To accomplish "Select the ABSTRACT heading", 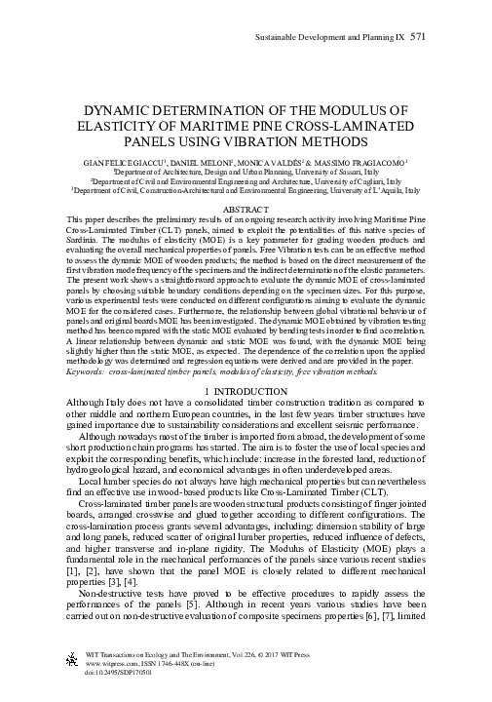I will point(246,209).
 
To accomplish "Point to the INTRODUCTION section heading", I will point(250,362).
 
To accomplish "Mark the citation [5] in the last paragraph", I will point(214,600).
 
